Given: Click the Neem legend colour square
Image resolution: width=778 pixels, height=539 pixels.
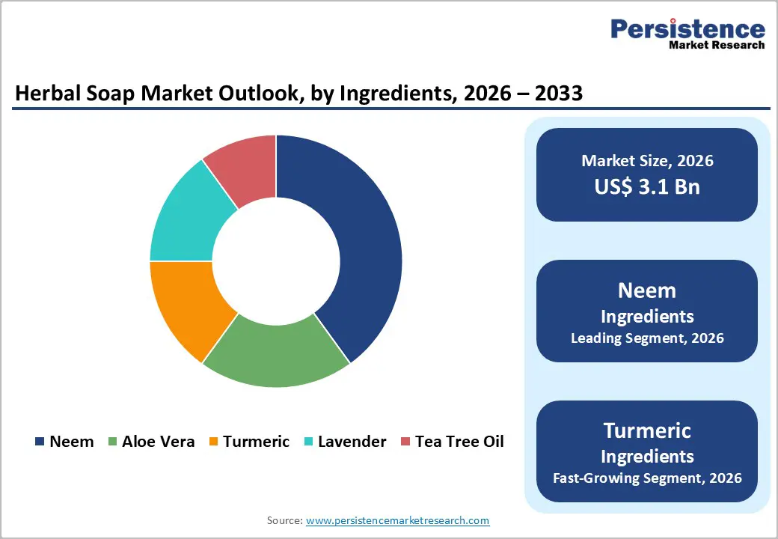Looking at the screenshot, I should coord(40,442).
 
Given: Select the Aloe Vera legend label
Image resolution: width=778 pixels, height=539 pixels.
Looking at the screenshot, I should coord(159,442).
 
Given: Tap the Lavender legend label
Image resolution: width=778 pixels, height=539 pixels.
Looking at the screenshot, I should coord(352,442).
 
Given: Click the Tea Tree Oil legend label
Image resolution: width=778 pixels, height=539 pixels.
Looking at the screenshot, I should coord(459,442).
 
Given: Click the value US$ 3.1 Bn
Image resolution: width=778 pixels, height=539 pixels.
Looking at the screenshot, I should coord(647,186).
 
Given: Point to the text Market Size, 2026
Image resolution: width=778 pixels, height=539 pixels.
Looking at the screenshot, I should coord(647,161).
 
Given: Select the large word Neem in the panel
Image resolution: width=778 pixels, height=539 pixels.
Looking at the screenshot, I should coord(647,290).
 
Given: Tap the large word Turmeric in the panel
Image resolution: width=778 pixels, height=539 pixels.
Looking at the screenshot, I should coord(647,430).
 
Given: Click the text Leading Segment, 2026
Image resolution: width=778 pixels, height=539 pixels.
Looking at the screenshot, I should coord(647,338).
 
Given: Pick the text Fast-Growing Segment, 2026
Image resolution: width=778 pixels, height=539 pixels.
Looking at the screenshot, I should coord(647,478).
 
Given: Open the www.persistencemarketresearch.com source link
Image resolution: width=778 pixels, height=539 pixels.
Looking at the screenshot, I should coord(397,520).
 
